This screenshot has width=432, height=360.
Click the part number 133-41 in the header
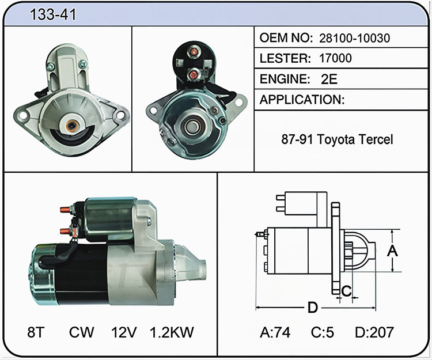[x=52, y=14]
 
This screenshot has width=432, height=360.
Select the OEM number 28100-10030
[x=355, y=38]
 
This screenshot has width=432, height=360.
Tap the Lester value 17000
[x=335, y=58]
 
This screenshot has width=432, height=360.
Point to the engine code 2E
[x=329, y=79]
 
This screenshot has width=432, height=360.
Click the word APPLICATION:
[x=302, y=100]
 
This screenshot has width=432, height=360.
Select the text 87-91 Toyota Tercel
[x=337, y=139]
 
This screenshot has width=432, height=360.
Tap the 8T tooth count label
[x=36, y=332]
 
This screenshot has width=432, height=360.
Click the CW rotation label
[x=82, y=332]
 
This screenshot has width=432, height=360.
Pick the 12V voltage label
[x=124, y=332]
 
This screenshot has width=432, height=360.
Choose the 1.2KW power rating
[x=172, y=332]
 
